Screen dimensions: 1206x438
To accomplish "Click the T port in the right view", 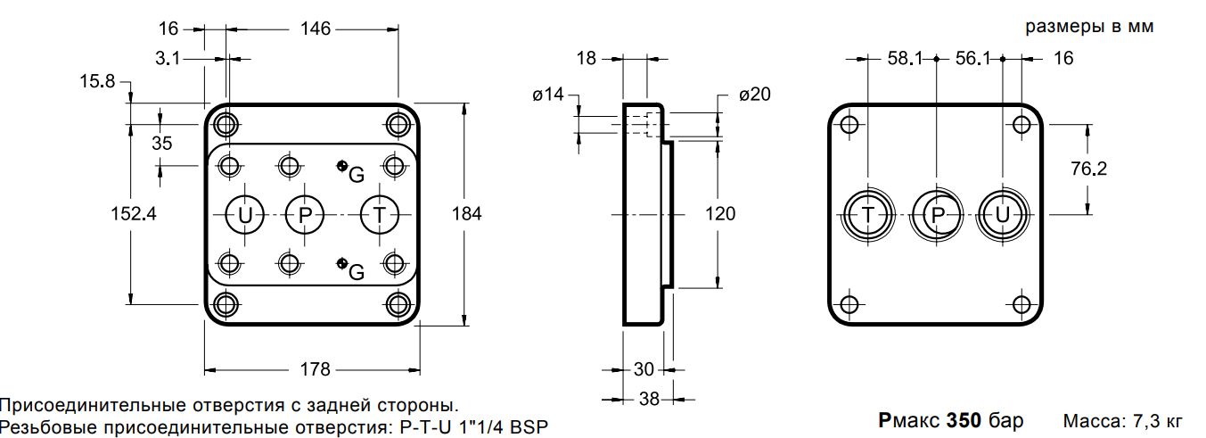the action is click(868, 215).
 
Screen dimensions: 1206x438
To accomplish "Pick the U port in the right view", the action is click(1003, 215).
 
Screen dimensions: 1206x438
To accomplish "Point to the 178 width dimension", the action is click(315, 369).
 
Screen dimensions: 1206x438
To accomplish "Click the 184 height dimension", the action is click(466, 214).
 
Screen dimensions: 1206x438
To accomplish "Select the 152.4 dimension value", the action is click(134, 214).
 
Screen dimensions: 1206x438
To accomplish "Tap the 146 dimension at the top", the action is click(315, 29).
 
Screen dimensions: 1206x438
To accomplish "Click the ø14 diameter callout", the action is click(548, 95).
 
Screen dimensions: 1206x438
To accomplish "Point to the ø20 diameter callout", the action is click(755, 95).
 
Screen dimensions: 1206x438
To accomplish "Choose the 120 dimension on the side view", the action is click(720, 214).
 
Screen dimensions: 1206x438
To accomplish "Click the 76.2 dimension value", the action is click(1088, 169).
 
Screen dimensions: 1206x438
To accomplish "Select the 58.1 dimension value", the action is click(905, 58).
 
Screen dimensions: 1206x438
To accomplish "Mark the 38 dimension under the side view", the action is click(649, 399).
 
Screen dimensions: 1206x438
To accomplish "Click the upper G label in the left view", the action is click(357, 175).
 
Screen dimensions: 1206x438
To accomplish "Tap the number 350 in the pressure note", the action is click(964, 420).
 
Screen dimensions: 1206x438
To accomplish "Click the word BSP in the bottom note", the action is click(529, 427).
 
